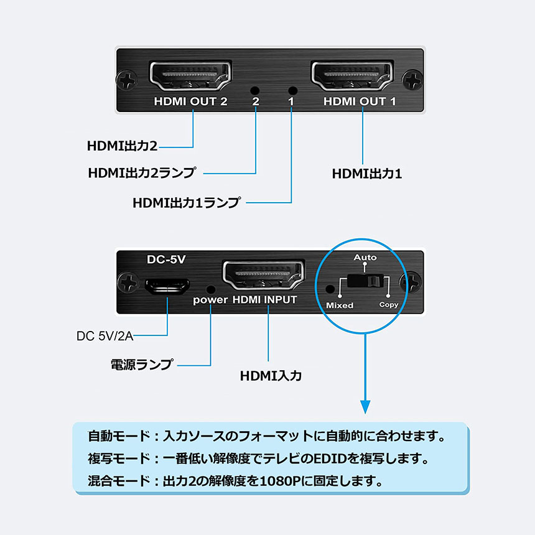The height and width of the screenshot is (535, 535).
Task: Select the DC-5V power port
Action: pos(167,286)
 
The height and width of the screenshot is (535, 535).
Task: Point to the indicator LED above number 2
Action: pos(254,90)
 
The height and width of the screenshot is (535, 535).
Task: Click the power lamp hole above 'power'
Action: pos(212,289)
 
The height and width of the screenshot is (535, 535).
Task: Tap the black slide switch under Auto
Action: pos(365,281)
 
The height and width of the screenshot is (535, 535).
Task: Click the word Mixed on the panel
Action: pos(340,305)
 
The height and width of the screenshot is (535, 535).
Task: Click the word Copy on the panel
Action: pos(389,305)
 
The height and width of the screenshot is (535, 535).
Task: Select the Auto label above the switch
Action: pos(365,258)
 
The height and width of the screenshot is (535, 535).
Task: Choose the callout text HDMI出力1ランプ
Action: pos(186,203)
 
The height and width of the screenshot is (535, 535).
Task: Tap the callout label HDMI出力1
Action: pos(367,174)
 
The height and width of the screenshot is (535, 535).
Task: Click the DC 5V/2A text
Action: pos(105,337)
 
